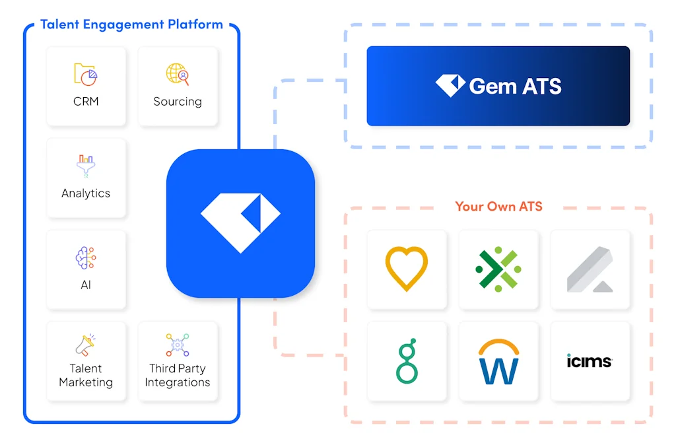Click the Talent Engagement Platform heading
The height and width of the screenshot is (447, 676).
coord(131,25)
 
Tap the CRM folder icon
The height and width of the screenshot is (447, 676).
coord(86,74)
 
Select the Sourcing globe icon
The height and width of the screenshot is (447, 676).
coord(178,74)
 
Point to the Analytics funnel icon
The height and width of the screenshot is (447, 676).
coord(86,166)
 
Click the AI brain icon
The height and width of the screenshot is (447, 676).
coord(86,258)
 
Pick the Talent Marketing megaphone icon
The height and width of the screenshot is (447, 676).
coord(86,345)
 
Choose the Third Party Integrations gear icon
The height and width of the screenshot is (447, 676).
coord(178,345)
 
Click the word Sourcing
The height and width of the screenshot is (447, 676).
coord(178,102)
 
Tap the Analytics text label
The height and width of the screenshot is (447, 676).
coord(86,193)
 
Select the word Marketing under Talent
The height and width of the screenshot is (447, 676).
coord(86,382)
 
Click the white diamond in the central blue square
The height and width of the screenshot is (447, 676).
coord(240,223)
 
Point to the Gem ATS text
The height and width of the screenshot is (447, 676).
coord(515,86)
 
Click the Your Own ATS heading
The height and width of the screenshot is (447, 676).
coord(498,207)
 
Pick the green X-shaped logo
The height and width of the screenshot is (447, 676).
coord(498,269)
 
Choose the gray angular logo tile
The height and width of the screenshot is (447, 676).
coord(590,269)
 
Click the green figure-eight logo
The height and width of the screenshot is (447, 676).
coord(407,361)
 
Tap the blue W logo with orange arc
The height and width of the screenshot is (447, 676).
coord(498,362)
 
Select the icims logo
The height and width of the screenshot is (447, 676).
coord(590,361)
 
